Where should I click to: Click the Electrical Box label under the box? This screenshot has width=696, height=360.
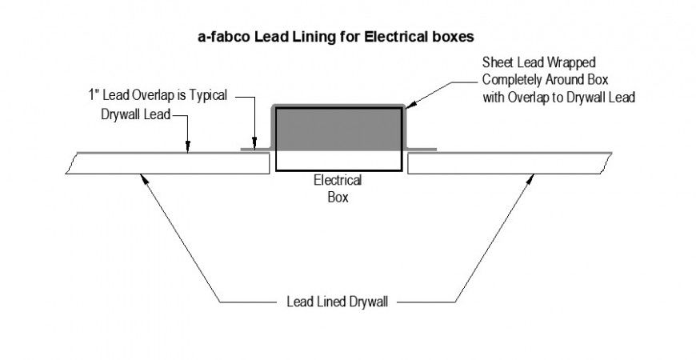[338, 187]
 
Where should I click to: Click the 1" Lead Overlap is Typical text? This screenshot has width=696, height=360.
[158, 95]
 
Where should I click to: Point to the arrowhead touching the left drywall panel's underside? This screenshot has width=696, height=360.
[143, 178]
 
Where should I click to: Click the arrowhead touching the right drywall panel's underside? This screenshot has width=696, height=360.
[530, 178]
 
